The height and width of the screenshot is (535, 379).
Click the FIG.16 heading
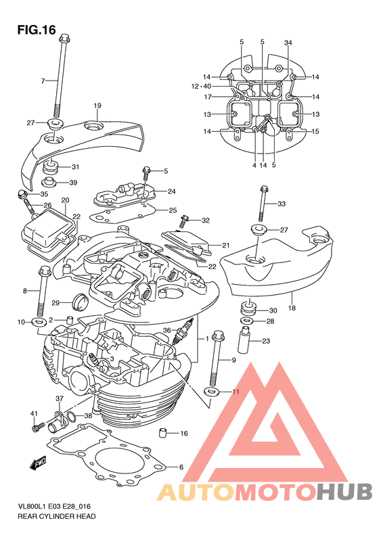pyautogui.click(x=37, y=30)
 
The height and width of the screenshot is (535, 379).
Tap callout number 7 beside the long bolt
pyautogui.click(x=43, y=81)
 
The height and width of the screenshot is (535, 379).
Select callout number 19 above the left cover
pyautogui.click(x=97, y=106)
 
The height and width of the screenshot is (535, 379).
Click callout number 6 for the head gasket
pyautogui.click(x=181, y=467)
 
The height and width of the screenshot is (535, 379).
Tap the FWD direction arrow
pyautogui.click(x=38, y=463)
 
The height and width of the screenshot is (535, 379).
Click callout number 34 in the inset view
pyautogui.click(x=288, y=43)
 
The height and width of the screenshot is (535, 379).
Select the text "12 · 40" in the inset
pyautogui.click(x=201, y=87)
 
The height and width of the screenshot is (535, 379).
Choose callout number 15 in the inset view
pyautogui.click(x=315, y=131)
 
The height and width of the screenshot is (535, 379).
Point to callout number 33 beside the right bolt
pyautogui.click(x=282, y=204)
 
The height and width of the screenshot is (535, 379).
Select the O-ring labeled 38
pyautogui.click(x=70, y=416)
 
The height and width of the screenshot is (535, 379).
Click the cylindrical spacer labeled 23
pyautogui.click(x=244, y=340)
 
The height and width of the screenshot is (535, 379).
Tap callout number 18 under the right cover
pyautogui.click(x=292, y=308)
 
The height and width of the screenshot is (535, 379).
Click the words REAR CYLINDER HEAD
pyautogui.click(x=57, y=516)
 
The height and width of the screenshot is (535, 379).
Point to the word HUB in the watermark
pyautogui.click(x=344, y=492)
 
